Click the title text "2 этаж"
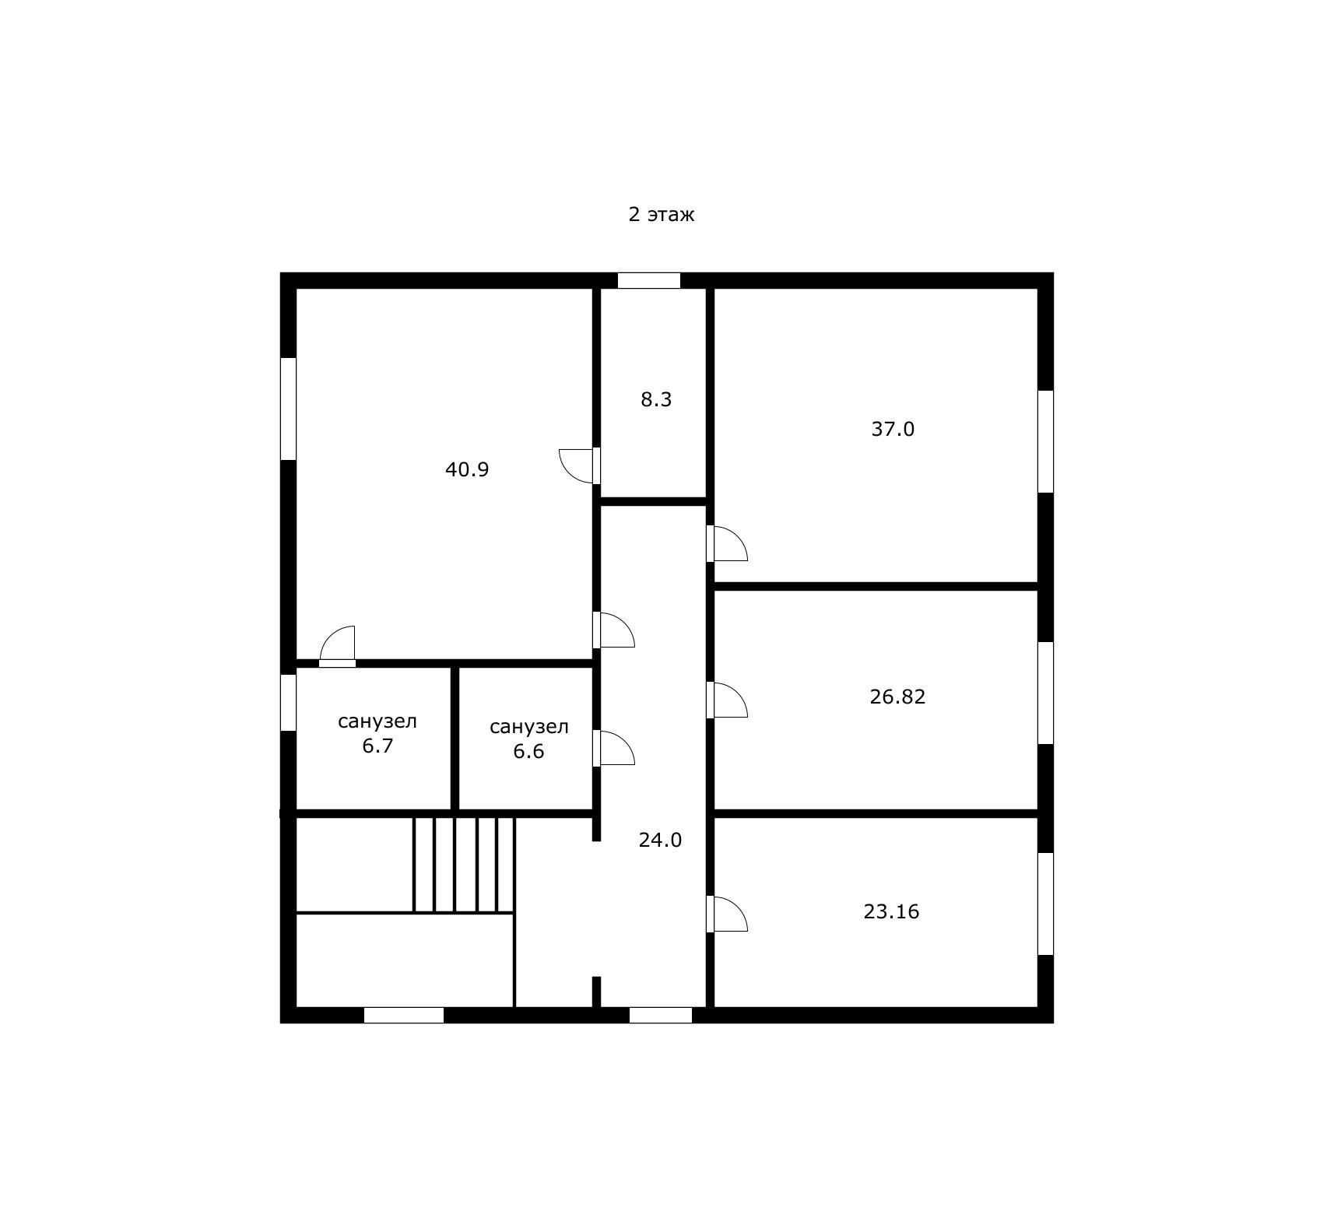click(x=661, y=214)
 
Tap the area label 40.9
click(x=467, y=470)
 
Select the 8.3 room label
click(x=655, y=400)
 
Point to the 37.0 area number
click(x=892, y=430)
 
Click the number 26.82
click(x=897, y=697)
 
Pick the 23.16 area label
click(x=891, y=911)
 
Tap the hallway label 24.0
click(x=660, y=841)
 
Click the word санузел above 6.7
click(x=377, y=721)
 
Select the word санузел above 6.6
click(x=528, y=727)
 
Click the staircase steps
click(x=464, y=864)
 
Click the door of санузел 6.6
click(x=615, y=748)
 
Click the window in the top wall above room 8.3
click(x=648, y=281)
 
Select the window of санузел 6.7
click(x=288, y=703)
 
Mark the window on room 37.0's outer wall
click(x=1045, y=441)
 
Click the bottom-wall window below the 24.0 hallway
click(x=660, y=1015)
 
